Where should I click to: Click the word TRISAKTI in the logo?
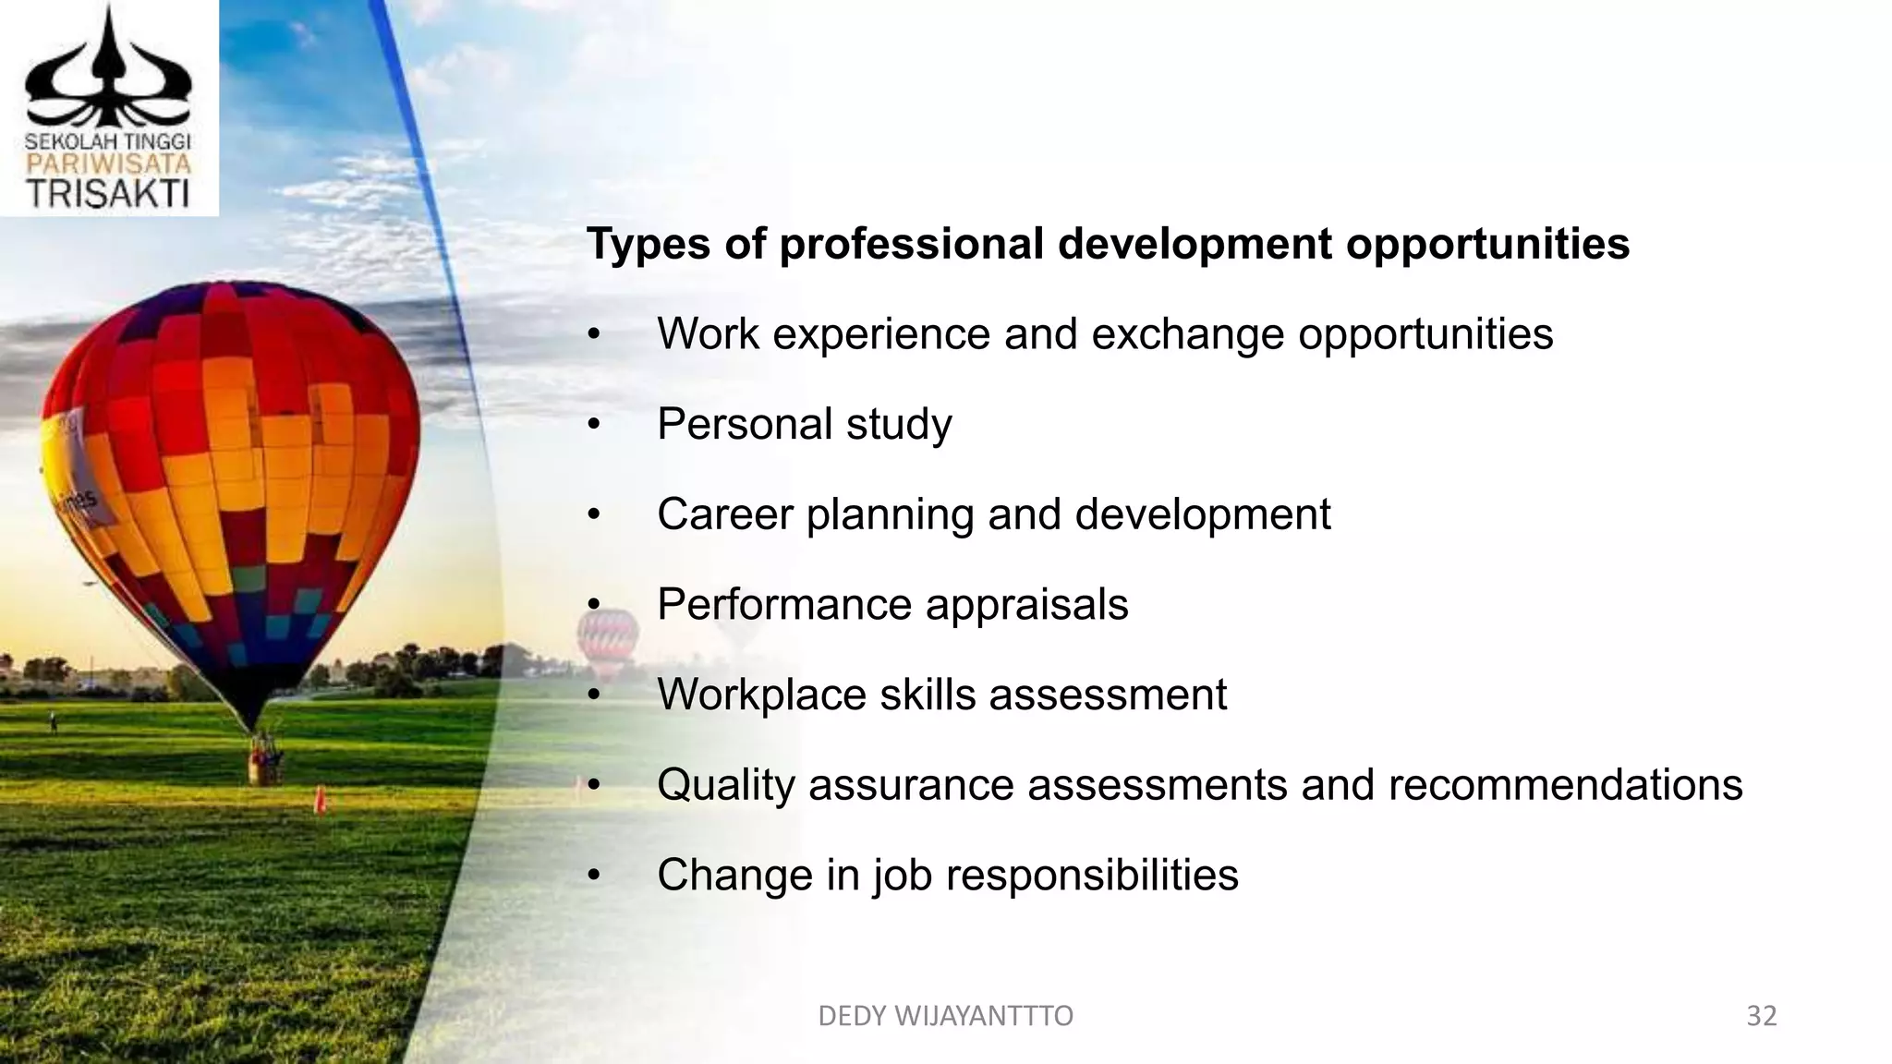108,194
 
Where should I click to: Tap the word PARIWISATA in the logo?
108,164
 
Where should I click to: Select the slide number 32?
1762,1016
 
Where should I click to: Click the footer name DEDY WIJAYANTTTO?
945,1016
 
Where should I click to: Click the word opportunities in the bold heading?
1487,245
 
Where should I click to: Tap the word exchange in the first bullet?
1187,333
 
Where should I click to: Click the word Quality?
726,785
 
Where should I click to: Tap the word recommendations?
1565,785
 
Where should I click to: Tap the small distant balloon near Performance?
607,642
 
